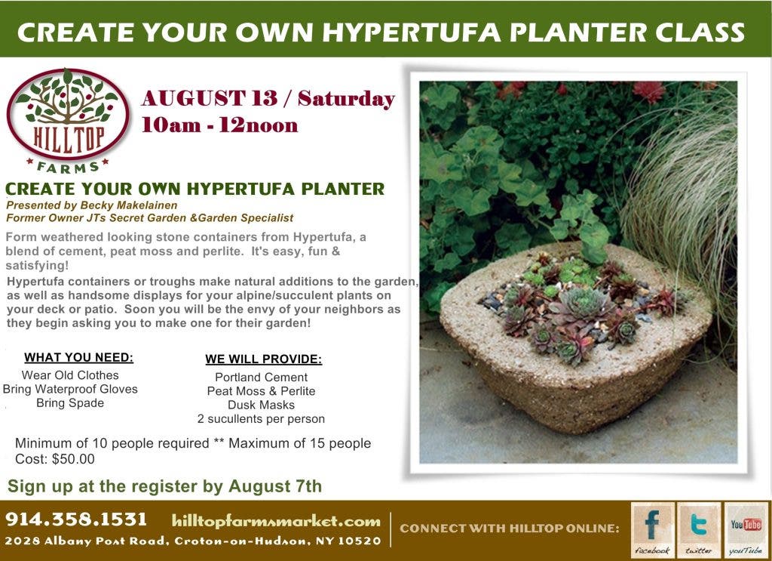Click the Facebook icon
click(x=652, y=530)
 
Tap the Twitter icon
click(x=699, y=530)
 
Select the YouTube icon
click(x=746, y=530)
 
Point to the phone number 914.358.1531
click(x=76, y=519)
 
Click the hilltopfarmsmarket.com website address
click(x=276, y=521)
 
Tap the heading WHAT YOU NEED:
click(x=78, y=357)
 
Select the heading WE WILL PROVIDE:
click(x=263, y=359)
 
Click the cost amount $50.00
click(x=73, y=459)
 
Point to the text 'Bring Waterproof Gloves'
click(x=70, y=389)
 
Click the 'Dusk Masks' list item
click(x=261, y=405)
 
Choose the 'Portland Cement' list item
click(x=261, y=377)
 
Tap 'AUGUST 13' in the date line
click(x=210, y=98)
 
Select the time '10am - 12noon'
click(x=219, y=125)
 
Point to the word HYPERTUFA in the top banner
click(x=412, y=32)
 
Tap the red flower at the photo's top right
click(x=648, y=91)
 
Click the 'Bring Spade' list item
click(x=70, y=402)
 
